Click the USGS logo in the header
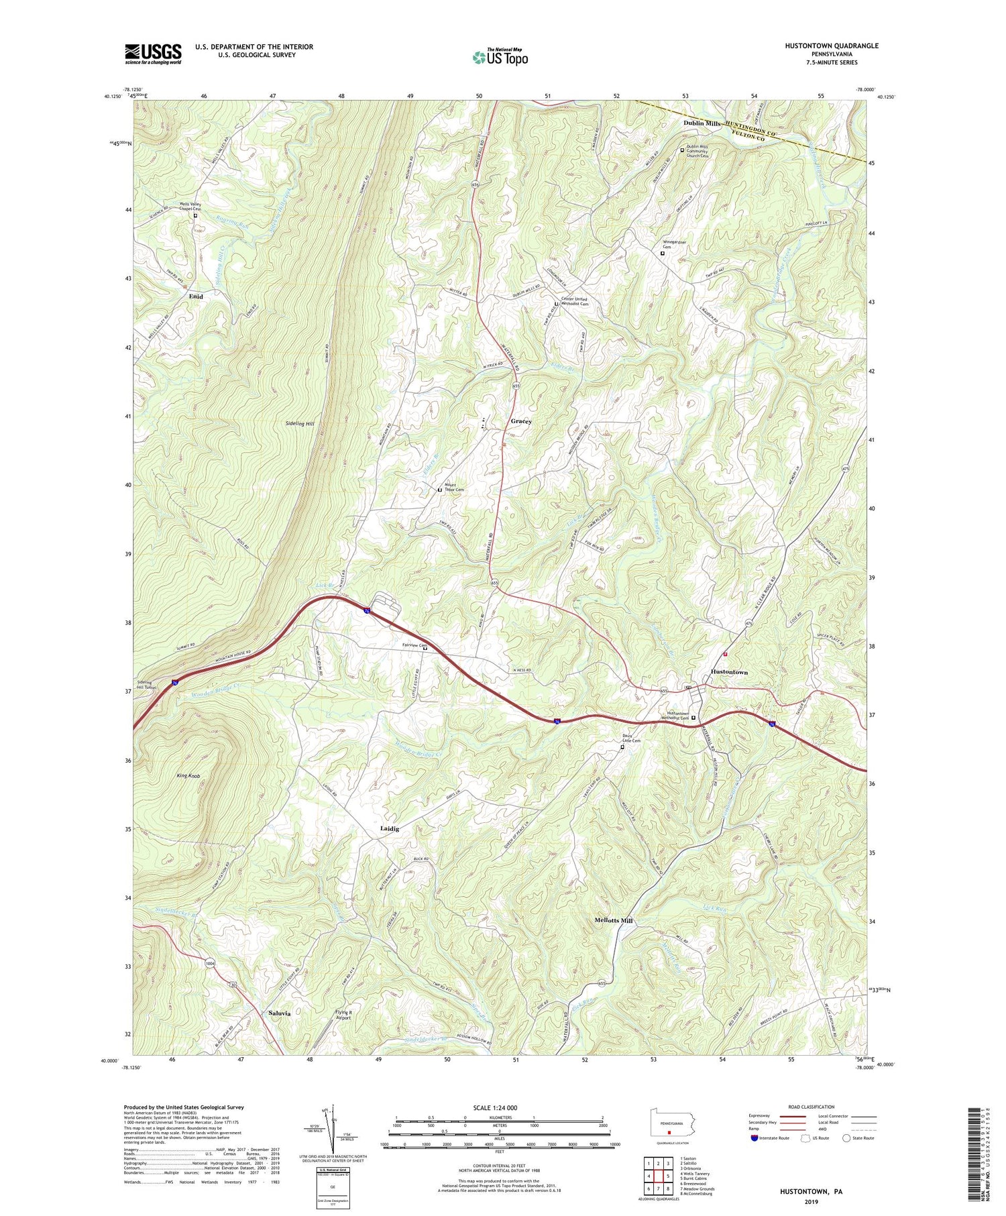coord(153,54)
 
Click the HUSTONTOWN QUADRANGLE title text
coord(822,46)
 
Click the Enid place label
coord(195,296)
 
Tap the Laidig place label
coord(390,828)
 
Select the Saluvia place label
coord(280,1013)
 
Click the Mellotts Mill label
coord(613,921)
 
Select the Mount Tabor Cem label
coord(454,490)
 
